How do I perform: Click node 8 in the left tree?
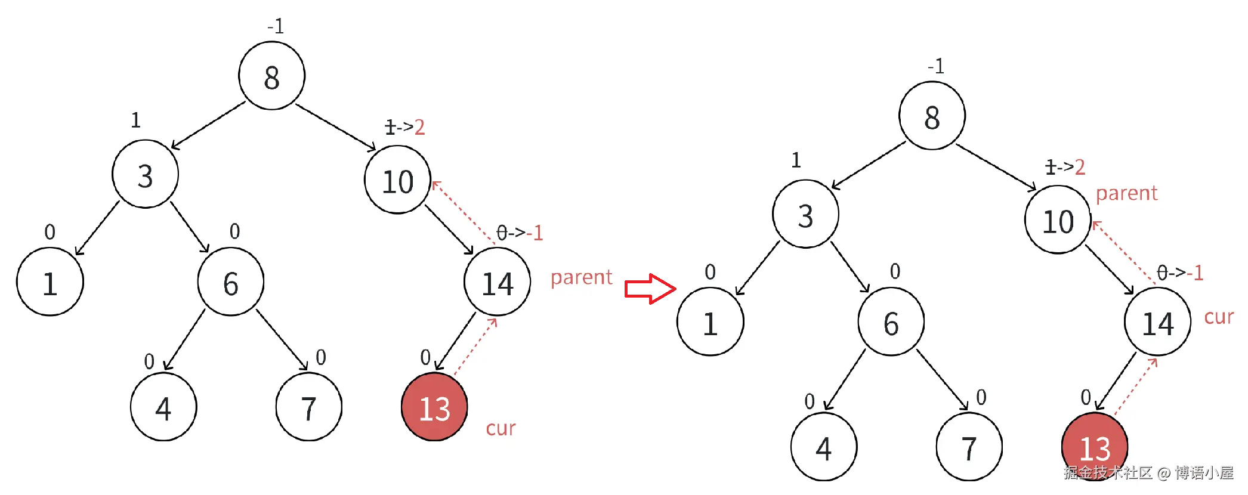[272, 76]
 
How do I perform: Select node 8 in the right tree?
[932, 116]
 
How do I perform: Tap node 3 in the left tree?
[145, 175]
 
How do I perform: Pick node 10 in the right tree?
[1058, 221]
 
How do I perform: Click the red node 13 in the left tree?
[434, 408]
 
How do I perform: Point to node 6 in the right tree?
[891, 323]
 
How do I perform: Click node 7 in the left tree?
[308, 408]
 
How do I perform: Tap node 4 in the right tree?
[823, 447]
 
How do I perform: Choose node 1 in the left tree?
[50, 283]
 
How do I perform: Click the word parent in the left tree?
[581, 277]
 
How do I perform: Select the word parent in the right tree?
[1126, 193]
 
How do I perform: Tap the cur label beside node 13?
[501, 428]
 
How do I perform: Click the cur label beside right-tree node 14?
[1218, 317]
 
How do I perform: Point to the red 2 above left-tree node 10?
[419, 127]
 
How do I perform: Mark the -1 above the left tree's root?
[276, 26]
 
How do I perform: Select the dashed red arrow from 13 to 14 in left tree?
[475, 347]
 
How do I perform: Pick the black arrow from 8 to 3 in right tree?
[869, 165]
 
